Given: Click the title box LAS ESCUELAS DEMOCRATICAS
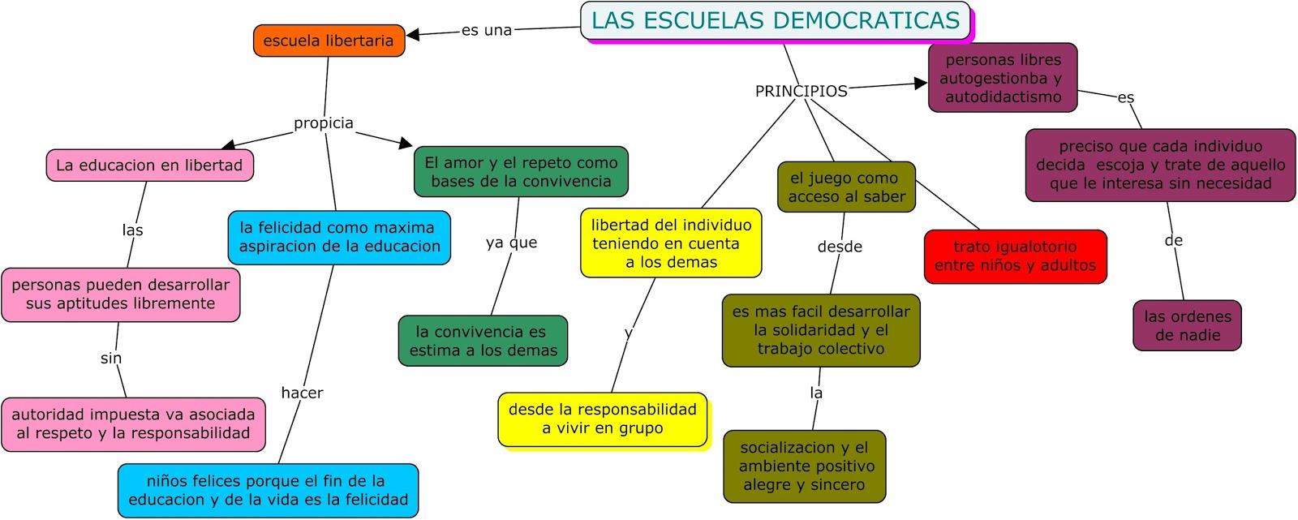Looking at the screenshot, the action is point(775,21).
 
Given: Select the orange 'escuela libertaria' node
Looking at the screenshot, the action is point(329,41).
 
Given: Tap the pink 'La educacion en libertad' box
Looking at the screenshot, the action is point(149,165).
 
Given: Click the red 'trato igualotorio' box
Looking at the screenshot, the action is point(1015,256).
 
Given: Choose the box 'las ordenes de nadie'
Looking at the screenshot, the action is point(1187,325).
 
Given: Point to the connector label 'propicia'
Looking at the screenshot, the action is point(324,123).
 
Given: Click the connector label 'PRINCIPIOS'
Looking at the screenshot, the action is point(801,91).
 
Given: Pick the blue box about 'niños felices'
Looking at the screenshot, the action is point(268,490).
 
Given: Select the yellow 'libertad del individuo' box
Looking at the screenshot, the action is point(671,243).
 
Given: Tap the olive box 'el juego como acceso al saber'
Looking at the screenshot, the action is point(846,187).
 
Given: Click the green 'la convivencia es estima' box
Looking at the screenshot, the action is point(483,341).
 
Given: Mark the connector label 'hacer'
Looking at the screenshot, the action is point(302,393).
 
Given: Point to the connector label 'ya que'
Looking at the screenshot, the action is point(511,243).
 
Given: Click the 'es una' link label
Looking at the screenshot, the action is point(487,31).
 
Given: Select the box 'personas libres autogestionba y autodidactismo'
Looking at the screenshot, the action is point(1003,78).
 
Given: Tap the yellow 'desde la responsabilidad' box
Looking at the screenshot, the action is point(602,419).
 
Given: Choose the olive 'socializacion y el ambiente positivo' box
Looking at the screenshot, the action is point(804,466).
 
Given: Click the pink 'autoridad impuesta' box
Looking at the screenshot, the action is point(133,423).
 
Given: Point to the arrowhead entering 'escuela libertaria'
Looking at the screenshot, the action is point(412,35).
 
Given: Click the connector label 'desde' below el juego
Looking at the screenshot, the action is point(840,247).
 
